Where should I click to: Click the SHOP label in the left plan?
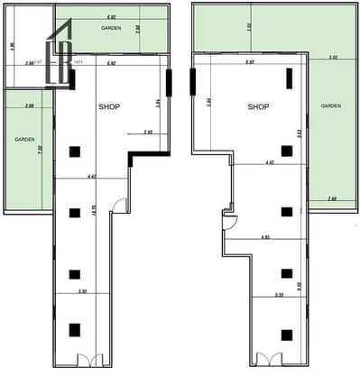109,106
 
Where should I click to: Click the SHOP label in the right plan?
260,106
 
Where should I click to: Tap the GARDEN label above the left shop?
111,29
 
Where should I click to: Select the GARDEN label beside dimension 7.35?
24,140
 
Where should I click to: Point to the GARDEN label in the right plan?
330,106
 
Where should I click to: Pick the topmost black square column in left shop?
75,152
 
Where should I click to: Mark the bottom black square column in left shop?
75,330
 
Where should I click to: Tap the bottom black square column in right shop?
287,332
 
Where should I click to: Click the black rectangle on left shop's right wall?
169,87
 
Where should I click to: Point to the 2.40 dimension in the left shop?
149,132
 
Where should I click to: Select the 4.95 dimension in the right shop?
265,236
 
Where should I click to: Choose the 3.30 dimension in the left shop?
83,291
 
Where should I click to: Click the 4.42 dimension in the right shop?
269,162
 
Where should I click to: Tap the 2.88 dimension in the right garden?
332,198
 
